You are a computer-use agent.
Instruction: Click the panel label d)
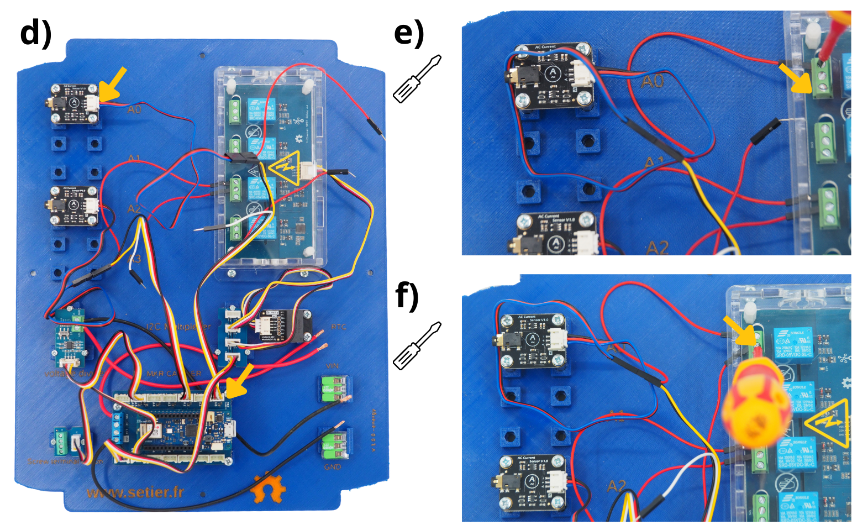pyautogui.click(x=35, y=33)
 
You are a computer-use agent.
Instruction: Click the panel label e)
pyautogui.click(x=409, y=33)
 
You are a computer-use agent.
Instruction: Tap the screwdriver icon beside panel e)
pyautogui.click(x=417, y=78)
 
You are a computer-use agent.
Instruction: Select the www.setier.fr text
pyautogui.click(x=135, y=492)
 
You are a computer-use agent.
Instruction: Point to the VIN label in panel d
pyautogui.click(x=332, y=366)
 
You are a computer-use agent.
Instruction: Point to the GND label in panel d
pyautogui.click(x=332, y=467)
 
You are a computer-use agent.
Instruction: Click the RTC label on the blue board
pyautogui.click(x=338, y=327)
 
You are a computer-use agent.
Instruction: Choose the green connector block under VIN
pyautogui.click(x=334, y=388)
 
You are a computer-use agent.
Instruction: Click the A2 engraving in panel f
pyautogui.click(x=616, y=486)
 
